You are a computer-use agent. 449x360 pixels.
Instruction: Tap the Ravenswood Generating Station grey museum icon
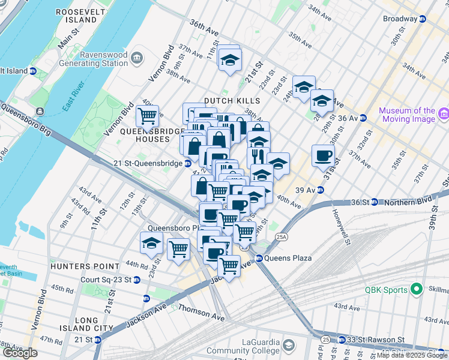[x=137, y=58]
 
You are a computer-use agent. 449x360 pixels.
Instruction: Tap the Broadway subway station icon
[x=422, y=19]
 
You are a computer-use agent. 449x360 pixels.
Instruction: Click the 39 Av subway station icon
[x=321, y=190]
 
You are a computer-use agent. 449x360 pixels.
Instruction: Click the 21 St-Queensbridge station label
[x=148, y=163]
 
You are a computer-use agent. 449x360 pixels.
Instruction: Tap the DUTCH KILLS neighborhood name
[x=232, y=101]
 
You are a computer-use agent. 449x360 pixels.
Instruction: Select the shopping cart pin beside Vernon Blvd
[x=147, y=114]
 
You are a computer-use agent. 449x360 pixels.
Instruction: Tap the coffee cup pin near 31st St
[x=323, y=156]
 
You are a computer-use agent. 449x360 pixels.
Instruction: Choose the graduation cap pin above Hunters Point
[x=151, y=243]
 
